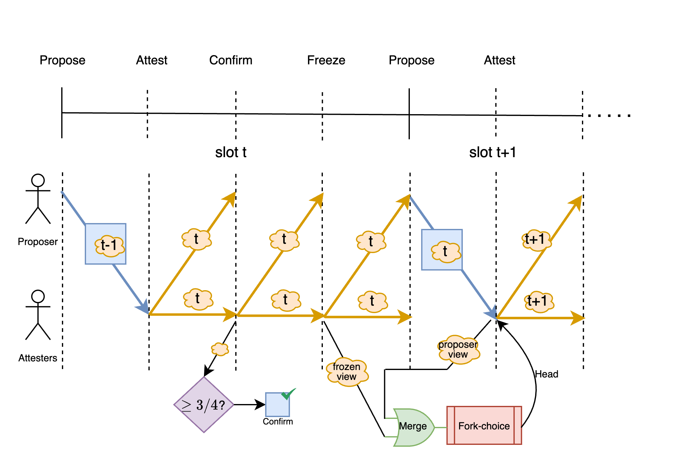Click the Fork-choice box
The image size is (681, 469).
484,426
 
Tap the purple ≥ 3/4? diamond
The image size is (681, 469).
204,405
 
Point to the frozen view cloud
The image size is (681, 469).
347,372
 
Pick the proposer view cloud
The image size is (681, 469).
458,350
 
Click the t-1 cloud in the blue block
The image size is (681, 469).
109,245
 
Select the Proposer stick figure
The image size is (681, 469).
38,199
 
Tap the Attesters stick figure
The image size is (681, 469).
38,315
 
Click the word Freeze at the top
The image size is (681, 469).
326,60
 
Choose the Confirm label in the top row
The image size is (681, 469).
231,60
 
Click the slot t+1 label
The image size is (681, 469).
492,152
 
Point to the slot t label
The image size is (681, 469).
231,152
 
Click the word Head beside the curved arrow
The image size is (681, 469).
547,374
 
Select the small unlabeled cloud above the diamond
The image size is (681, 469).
220,349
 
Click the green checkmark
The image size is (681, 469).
288,394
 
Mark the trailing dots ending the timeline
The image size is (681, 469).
609,116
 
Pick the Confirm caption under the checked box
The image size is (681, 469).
278,421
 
